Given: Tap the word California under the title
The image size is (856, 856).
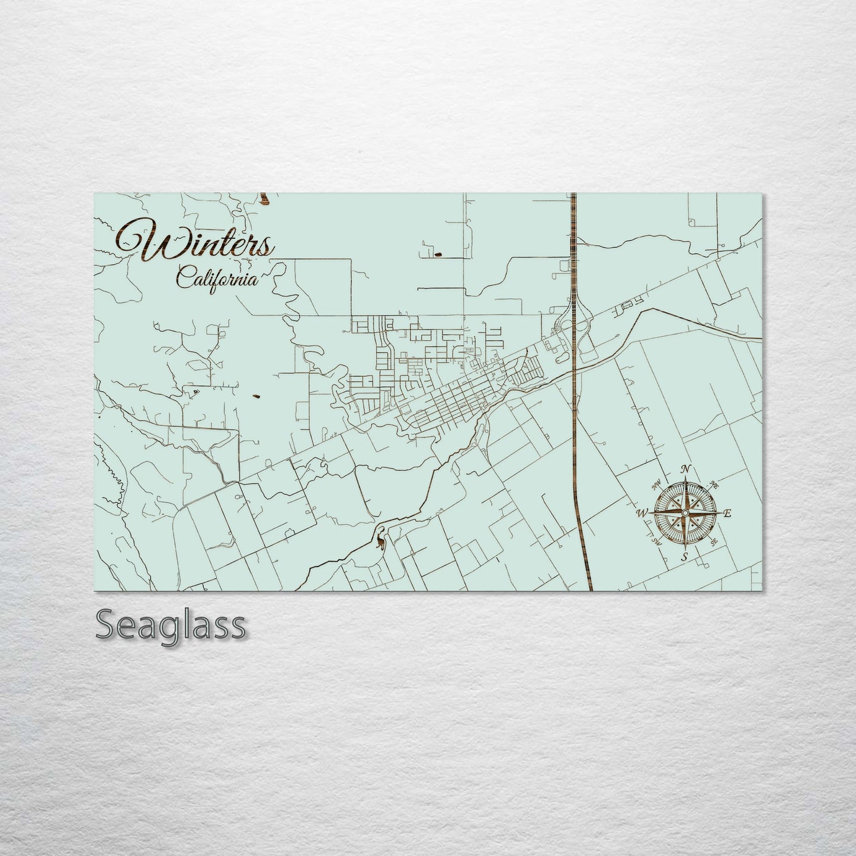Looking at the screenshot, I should coord(218,277).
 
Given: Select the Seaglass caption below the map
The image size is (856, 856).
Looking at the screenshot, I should coord(170,625).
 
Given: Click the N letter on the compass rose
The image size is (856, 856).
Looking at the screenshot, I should coord(686,469).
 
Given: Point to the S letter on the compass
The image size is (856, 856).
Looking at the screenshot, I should coord(684,556).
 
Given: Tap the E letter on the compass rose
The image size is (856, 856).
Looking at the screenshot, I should coord(728,514).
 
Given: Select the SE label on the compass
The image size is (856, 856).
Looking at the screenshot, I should coord(714,541).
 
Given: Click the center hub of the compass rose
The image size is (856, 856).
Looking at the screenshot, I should coord(685,512).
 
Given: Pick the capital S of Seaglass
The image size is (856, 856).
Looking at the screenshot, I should coord(107,625).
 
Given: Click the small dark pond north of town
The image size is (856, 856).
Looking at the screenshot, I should coord(438,255).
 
